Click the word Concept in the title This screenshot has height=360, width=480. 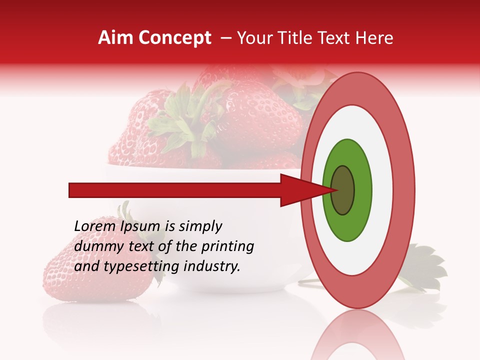point(174,38)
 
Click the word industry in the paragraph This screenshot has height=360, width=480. point(212,266)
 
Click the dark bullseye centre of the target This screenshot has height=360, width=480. point(343,190)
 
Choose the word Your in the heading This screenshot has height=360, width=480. point(251,38)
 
